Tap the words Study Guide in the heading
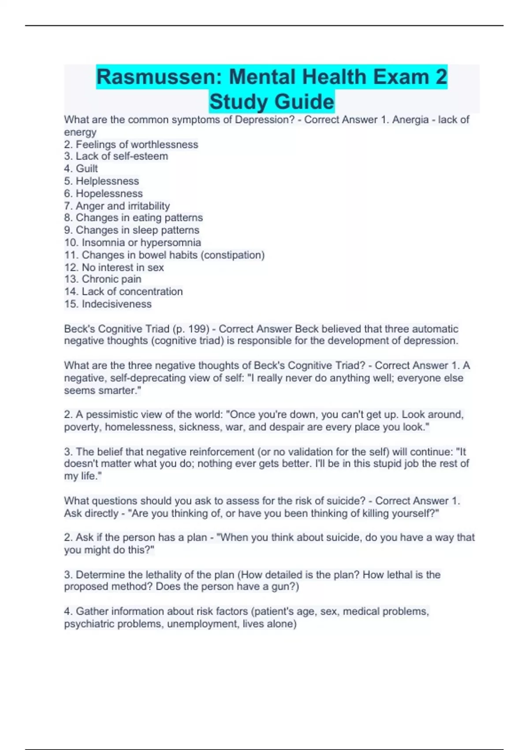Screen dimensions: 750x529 coord(272,101)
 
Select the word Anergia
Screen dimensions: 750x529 coord(410,120)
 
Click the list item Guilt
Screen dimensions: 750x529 coord(87,169)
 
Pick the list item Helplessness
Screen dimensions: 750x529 coord(107,181)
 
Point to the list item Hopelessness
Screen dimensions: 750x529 coord(109,193)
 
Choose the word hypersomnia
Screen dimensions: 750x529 coord(171,242)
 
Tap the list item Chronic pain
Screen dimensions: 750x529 coord(112,279)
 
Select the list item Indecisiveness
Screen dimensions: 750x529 coord(116,304)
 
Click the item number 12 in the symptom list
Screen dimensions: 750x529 coord(71,267)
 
